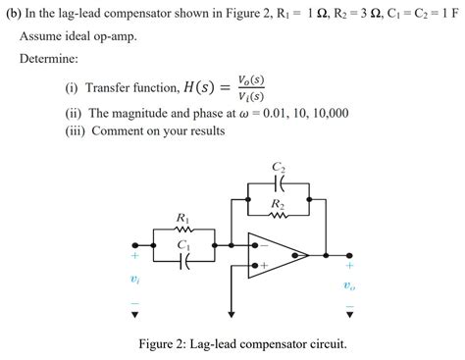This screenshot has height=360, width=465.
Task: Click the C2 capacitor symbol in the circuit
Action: tap(280, 182)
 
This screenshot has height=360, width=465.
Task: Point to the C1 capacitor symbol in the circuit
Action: tap(183, 261)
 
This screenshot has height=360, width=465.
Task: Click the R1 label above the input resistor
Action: tap(182, 217)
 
